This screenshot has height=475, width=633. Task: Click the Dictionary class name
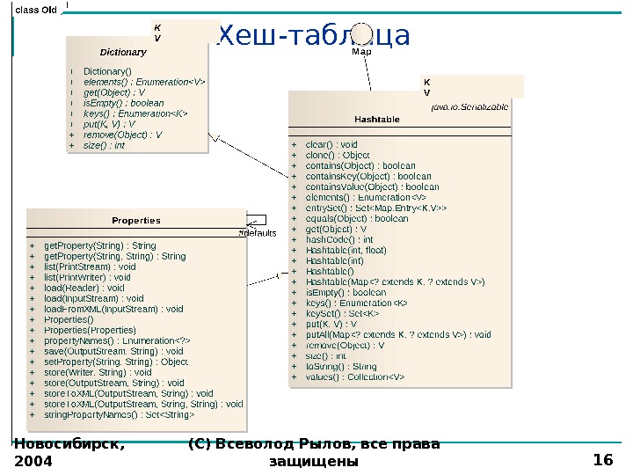coord(122,53)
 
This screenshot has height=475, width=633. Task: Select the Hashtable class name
coord(376,119)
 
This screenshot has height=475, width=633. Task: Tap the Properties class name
coord(136,220)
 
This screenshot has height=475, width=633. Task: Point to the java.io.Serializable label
coord(469,106)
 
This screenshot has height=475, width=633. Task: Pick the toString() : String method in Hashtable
coord(341,366)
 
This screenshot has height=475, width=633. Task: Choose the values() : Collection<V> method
coord(355,376)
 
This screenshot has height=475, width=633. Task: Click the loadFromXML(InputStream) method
coord(113,309)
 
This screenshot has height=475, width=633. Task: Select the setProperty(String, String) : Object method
coord(116,362)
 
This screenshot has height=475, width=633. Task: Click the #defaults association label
coord(257,233)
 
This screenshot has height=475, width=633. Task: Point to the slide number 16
coord(603,459)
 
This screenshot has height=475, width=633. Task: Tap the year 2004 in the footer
coord(33,461)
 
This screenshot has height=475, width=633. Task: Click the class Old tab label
coord(36,10)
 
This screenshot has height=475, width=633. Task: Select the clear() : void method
coord(331,144)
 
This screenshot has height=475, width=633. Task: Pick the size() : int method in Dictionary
coord(104,145)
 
